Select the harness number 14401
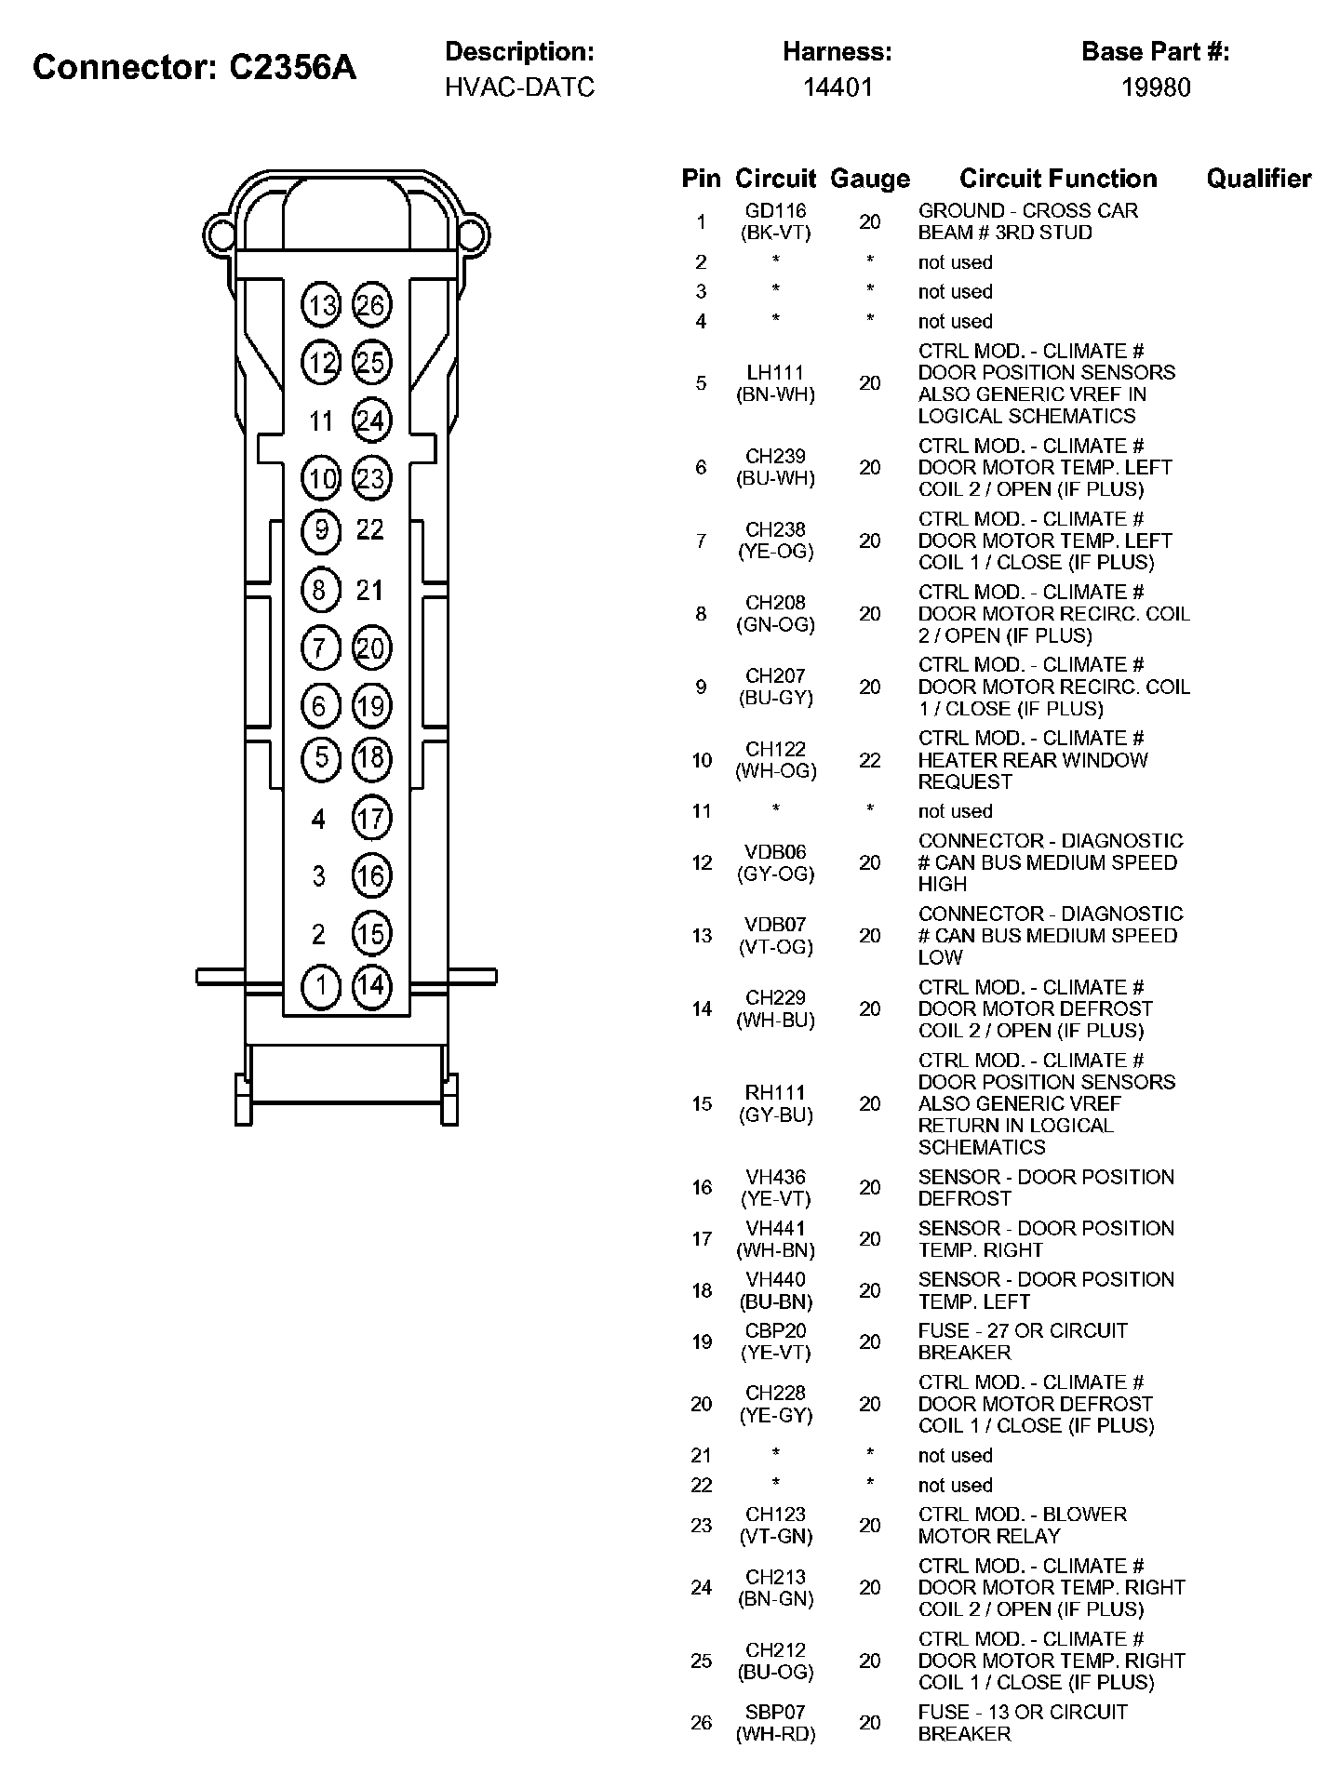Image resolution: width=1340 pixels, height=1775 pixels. pyautogui.click(x=837, y=87)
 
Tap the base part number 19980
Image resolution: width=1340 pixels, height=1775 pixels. pyautogui.click(x=1155, y=87)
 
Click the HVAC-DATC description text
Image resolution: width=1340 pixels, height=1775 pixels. pyautogui.click(x=519, y=87)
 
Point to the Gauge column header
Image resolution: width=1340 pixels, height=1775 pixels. pyautogui.click(x=870, y=179)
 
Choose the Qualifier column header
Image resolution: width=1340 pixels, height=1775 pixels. pyautogui.click(x=1258, y=179)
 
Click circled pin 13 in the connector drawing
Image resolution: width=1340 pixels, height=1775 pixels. pyautogui.click(x=322, y=306)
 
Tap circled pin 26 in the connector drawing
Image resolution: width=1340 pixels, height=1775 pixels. pyautogui.click(x=371, y=306)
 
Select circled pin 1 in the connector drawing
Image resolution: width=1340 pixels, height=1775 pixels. pyautogui.click(x=321, y=985)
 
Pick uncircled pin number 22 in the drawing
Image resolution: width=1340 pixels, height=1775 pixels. pyautogui.click(x=370, y=530)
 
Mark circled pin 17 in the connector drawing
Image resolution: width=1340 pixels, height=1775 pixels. pyautogui.click(x=371, y=819)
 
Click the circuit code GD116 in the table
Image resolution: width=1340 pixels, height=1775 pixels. pyautogui.click(x=775, y=211)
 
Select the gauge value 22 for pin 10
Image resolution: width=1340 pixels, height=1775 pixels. pyautogui.click(x=870, y=760)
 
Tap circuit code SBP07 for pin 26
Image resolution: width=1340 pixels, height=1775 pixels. pyautogui.click(x=775, y=1712)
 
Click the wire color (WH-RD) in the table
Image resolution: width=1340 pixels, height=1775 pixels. pyautogui.click(x=775, y=1734)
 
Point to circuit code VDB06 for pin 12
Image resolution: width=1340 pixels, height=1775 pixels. pyautogui.click(x=775, y=852)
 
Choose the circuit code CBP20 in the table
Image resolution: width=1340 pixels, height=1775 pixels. pyautogui.click(x=775, y=1331)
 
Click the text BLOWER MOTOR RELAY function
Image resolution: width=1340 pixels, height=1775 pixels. pyautogui.click(x=1022, y=1525)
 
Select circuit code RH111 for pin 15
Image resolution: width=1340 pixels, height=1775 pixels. pyautogui.click(x=775, y=1093)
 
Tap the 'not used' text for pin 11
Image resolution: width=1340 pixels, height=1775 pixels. pyautogui.click(x=955, y=811)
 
